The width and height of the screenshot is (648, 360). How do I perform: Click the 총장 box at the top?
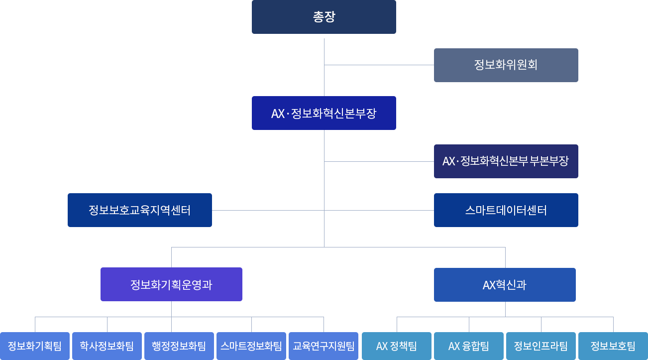[x=324, y=17]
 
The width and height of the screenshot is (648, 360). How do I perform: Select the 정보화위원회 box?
[x=506, y=65]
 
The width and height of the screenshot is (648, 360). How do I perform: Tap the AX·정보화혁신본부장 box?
[x=324, y=113]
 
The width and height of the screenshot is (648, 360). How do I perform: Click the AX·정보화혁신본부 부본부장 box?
[x=506, y=161]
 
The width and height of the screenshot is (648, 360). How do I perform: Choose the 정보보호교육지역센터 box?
[x=139, y=210]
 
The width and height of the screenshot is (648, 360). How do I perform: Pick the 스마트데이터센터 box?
[x=506, y=210]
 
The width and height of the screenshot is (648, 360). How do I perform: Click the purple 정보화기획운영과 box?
[x=171, y=284]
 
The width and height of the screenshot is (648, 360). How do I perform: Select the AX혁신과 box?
[x=505, y=285]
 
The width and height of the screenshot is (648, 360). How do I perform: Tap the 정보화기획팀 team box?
[x=35, y=346]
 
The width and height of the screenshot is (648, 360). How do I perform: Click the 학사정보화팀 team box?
[x=107, y=346]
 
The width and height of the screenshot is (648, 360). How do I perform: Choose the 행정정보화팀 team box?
[x=179, y=346]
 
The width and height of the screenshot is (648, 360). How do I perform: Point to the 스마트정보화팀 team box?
[x=251, y=346]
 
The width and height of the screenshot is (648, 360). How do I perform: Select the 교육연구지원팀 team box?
[x=324, y=346]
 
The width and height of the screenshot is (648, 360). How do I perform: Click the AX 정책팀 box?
[x=397, y=346]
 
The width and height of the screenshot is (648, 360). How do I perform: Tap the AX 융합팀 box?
[x=469, y=346]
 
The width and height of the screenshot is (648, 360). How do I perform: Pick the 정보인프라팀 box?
[x=541, y=346]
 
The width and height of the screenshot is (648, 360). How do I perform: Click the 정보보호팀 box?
[x=613, y=346]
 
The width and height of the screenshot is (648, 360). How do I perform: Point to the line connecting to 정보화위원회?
[x=378, y=65]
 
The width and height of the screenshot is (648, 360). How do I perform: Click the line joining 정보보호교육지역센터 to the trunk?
[x=269, y=210]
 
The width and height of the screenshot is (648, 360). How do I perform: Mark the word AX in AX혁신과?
[x=489, y=285]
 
